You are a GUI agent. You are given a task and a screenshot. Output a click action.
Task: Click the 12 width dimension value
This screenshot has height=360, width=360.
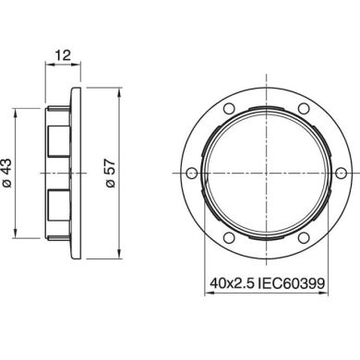[x=62, y=56]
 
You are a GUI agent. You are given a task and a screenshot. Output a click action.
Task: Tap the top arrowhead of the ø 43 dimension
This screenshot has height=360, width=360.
[x=20, y=113]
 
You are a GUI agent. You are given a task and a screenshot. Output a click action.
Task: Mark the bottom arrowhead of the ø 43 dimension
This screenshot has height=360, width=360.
[x=20, y=232]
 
